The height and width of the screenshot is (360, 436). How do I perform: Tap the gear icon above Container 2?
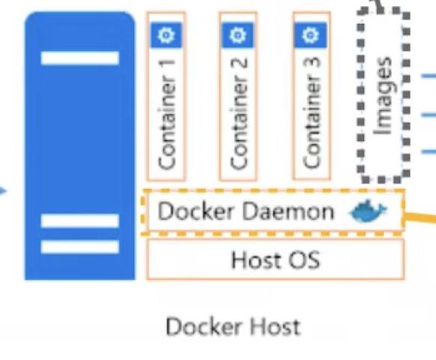[x=237, y=34]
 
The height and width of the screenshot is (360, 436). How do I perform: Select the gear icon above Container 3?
[x=309, y=34]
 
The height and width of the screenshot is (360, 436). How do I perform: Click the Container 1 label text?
[x=166, y=112]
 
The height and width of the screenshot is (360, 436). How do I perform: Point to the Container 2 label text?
[x=238, y=112]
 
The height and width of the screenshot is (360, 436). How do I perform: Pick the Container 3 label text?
[x=310, y=112]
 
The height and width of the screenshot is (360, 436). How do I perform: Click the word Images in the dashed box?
[x=383, y=96]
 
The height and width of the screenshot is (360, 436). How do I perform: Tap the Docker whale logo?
[x=368, y=212]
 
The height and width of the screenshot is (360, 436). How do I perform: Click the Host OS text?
[x=275, y=259]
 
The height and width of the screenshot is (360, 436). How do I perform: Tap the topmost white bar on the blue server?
[x=79, y=58]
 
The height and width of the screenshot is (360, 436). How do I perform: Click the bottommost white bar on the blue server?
[x=79, y=247]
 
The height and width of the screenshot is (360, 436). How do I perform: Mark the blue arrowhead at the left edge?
[x=3, y=191]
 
